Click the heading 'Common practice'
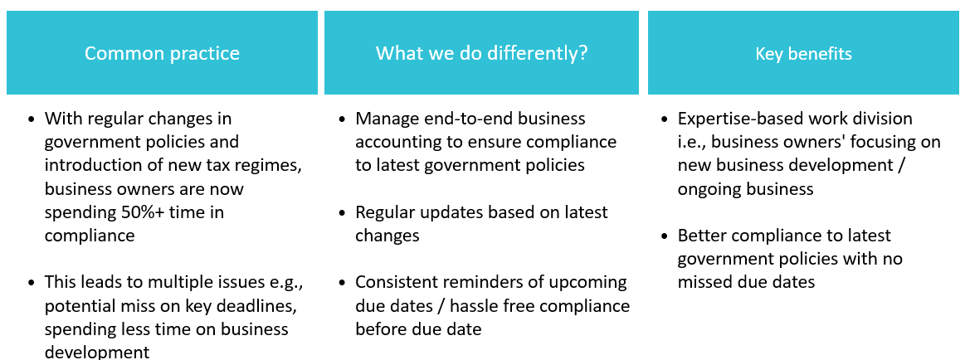click(x=162, y=54)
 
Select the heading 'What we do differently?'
click(x=482, y=54)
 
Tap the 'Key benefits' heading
click(x=804, y=54)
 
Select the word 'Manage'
click(x=385, y=119)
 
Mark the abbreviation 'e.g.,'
click(x=288, y=284)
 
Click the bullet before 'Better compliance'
click(x=664, y=236)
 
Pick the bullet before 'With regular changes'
click(x=32, y=119)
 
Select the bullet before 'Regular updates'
click(x=342, y=213)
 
